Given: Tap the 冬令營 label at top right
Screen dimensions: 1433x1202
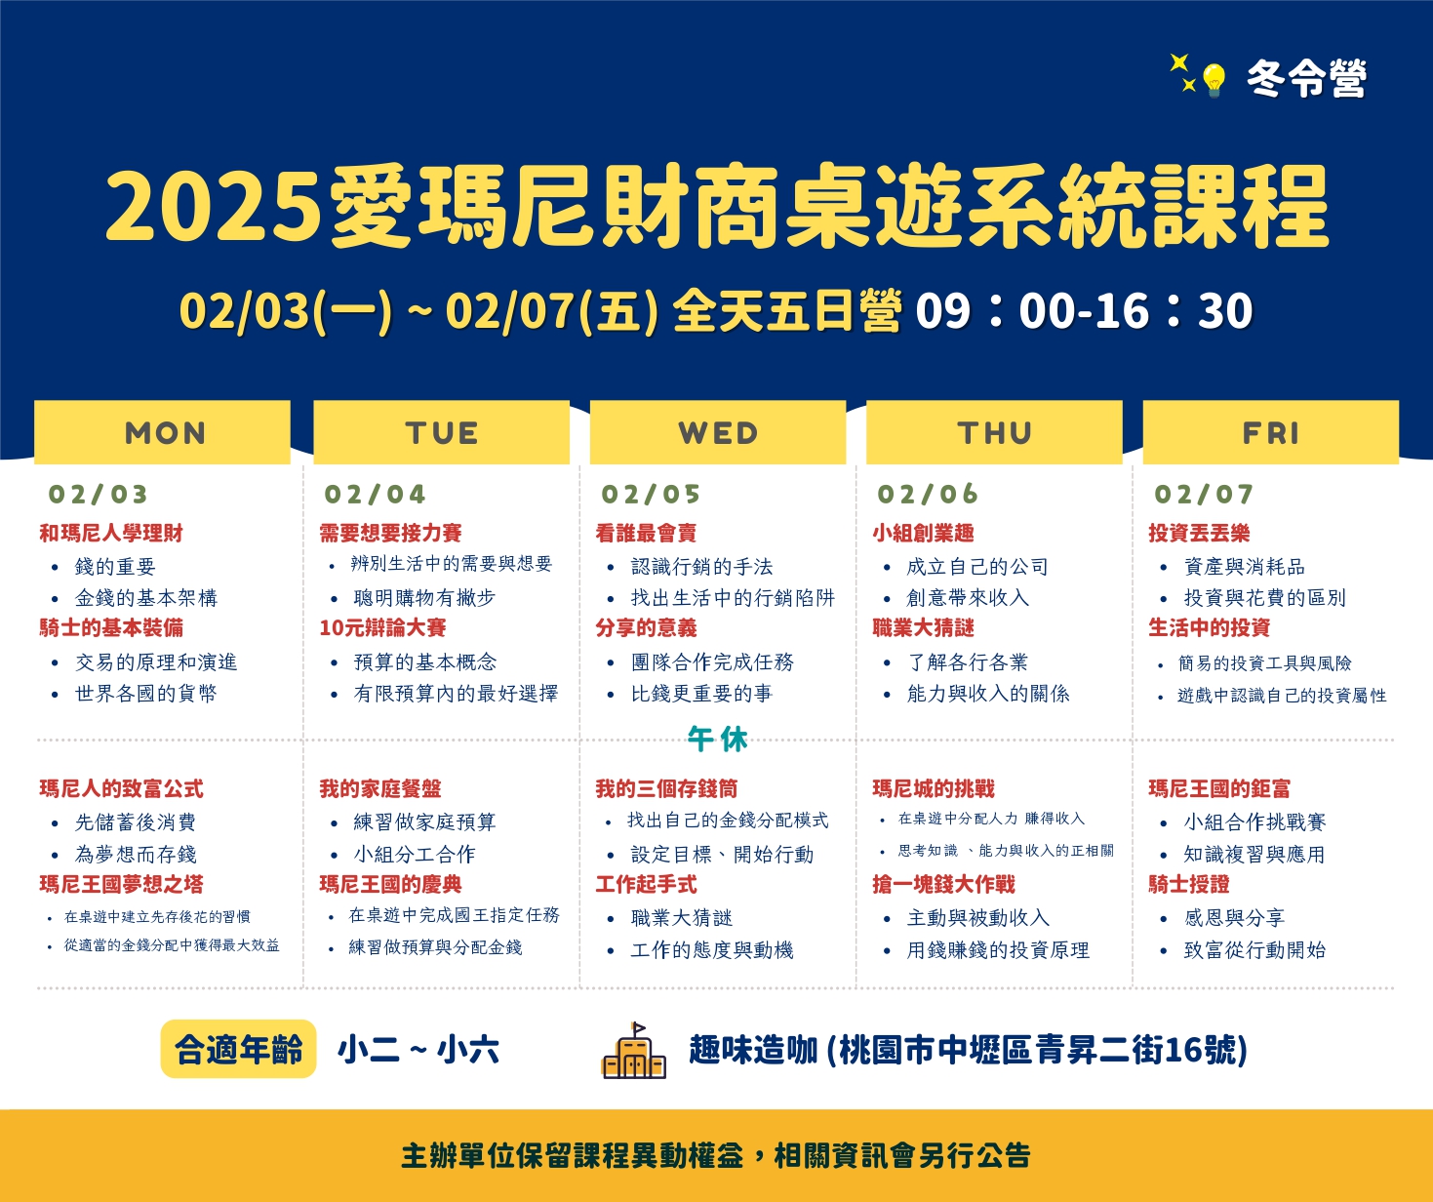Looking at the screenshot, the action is (x=1306, y=78).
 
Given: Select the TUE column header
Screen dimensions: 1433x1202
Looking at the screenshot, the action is (x=441, y=432).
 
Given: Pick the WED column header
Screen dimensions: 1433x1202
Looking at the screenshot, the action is (x=718, y=432).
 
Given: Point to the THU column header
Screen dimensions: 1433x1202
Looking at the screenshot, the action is (x=994, y=432).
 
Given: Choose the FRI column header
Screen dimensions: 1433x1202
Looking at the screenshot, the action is (x=1271, y=432).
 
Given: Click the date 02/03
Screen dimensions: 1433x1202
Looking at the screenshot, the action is (x=99, y=495).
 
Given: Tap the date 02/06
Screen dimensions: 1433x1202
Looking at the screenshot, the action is (x=928, y=495).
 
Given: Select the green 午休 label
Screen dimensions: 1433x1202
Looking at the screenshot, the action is (x=717, y=740).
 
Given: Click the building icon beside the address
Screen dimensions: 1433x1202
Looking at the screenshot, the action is (x=633, y=1051).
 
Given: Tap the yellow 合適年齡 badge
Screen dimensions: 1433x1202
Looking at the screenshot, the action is (x=238, y=1049).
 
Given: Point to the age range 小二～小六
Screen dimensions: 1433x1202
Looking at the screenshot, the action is (x=418, y=1050).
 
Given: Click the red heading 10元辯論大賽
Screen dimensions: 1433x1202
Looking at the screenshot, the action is (x=383, y=627).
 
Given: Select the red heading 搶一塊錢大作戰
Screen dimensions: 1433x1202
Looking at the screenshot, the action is (x=943, y=884).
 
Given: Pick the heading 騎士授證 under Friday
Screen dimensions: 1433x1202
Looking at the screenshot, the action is (x=1189, y=884).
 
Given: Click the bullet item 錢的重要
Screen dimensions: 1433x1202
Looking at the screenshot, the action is (x=115, y=566).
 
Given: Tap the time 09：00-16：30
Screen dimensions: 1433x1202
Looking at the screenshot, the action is (x=1085, y=311).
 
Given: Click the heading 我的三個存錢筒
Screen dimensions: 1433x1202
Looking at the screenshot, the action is (x=666, y=788).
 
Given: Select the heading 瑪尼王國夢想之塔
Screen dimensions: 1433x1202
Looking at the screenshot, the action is (x=122, y=884).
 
